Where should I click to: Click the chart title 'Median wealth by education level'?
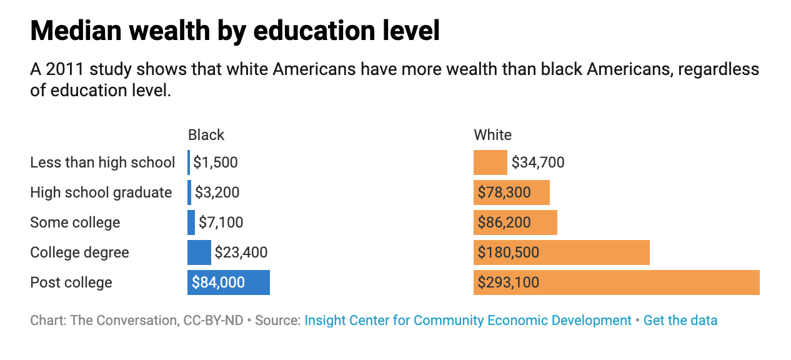[235, 31]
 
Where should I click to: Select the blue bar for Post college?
[228, 282]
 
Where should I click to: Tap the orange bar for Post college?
[616, 282]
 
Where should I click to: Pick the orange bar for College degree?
[561, 252]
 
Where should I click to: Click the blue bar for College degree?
[199, 252]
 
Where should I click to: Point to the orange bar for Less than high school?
[490, 162]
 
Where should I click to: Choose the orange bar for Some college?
[515, 222]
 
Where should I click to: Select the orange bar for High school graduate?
[511, 192]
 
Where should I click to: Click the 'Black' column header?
[206, 135]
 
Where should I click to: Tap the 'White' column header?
[492, 135]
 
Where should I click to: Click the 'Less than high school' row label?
[102, 162]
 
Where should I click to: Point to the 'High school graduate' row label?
[101, 192]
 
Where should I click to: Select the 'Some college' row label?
[75, 222]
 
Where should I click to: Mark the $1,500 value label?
[216, 162]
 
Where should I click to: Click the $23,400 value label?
[241, 252]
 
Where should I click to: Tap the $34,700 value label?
[538, 162]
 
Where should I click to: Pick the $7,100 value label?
[221, 222]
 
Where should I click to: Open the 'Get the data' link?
[680, 321]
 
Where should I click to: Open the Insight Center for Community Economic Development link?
[468, 321]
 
